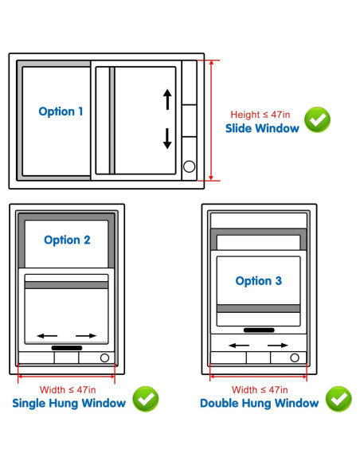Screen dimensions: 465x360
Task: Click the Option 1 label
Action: [x=61, y=111]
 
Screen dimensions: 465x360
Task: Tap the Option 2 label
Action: [x=67, y=240]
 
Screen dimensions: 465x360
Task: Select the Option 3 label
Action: [x=258, y=280]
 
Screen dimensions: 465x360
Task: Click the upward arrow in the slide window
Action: [x=167, y=100]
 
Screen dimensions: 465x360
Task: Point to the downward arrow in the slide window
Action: [x=167, y=139]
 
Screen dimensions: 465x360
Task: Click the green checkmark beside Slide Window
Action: [x=317, y=120]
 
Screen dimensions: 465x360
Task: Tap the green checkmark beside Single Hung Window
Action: [x=145, y=399]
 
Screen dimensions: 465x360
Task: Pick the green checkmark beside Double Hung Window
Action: [x=338, y=399]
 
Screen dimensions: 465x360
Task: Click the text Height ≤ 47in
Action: [x=260, y=114]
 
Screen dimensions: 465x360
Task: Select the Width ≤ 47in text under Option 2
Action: [x=67, y=389]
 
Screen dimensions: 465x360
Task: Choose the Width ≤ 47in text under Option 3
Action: [x=258, y=389]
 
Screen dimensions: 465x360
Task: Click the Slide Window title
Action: [x=262, y=128]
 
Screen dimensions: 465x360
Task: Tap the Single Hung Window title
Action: [x=69, y=403]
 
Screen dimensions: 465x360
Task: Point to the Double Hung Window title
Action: [x=260, y=403]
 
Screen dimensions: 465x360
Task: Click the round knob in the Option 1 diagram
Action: [x=189, y=166]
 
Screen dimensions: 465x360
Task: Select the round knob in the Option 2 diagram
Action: [x=104, y=358]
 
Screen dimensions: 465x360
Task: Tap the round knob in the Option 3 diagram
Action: [x=295, y=358]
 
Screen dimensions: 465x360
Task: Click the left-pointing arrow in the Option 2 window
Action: [x=46, y=335]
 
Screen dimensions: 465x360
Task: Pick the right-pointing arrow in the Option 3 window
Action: [x=278, y=345]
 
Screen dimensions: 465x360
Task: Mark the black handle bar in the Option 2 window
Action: [x=66, y=348]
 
